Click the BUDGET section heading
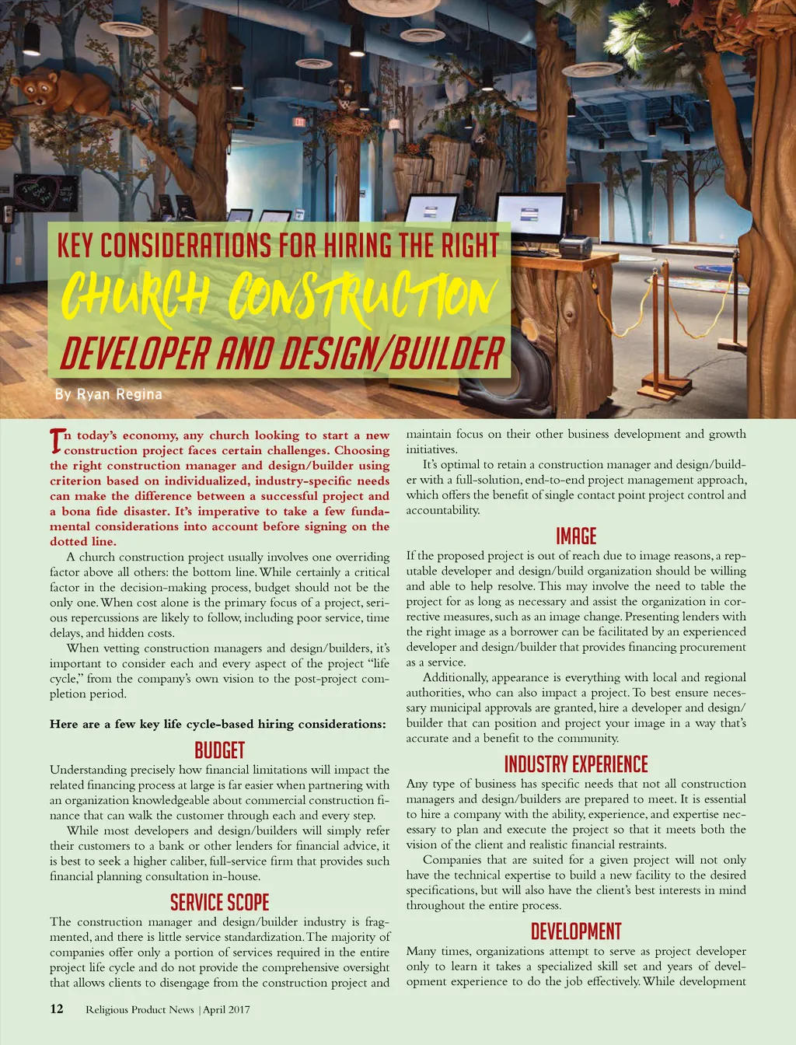(219, 750)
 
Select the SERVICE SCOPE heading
(219, 902)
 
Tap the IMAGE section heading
(576, 536)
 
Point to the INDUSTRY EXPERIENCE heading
(576, 764)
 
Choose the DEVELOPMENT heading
(576, 931)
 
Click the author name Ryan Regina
(119, 394)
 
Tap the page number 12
(57, 1008)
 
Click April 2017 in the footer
(227, 1009)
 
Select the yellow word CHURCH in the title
(136, 295)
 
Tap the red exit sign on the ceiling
(299, 122)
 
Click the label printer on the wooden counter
(575, 246)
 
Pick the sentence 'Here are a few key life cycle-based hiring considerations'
(218, 724)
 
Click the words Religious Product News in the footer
(140, 1009)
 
